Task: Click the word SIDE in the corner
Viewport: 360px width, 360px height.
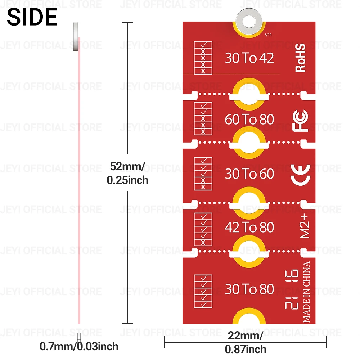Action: [x=32, y=17]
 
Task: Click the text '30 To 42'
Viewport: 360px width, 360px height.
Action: [x=249, y=58]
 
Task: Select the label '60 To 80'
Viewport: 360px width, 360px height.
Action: [x=249, y=119]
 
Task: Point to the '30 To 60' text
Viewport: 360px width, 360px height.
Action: [x=249, y=174]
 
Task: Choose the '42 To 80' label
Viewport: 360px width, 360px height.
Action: [x=249, y=227]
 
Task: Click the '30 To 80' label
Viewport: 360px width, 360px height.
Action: [x=249, y=289]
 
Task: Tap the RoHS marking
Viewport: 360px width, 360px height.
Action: [x=301, y=58]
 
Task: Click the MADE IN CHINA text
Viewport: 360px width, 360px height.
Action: [x=306, y=292]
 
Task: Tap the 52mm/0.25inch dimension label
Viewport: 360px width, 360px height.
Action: [x=127, y=173]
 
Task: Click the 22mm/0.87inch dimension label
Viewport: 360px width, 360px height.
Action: [x=246, y=342]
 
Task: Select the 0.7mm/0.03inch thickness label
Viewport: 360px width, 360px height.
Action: [x=79, y=347]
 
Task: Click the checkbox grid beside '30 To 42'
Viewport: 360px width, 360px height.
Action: [x=203, y=58]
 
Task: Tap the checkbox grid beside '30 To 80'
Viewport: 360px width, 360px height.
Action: [x=203, y=291]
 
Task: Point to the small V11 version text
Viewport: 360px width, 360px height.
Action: [x=268, y=35]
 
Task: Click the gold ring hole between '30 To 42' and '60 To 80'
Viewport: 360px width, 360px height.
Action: [x=249, y=94]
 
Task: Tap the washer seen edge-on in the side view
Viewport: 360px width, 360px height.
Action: [x=76, y=36]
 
